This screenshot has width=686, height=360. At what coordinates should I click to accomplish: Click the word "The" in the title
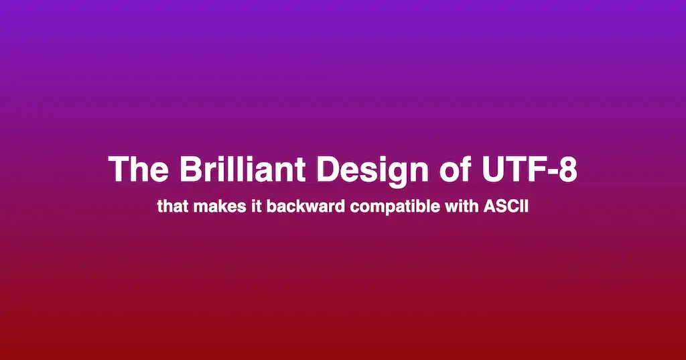tap(139, 169)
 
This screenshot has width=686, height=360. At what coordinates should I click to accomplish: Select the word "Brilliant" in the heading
tap(242, 169)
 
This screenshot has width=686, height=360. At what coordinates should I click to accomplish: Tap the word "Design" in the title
tap(372, 171)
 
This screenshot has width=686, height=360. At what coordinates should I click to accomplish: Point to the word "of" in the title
tap(455, 169)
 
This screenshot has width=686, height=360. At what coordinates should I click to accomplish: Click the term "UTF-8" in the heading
tap(529, 169)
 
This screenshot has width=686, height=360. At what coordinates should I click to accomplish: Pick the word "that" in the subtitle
tap(173, 206)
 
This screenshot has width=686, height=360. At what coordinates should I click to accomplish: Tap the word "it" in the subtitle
tap(256, 206)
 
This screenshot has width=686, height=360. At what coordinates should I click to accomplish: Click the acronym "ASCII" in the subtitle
tap(506, 206)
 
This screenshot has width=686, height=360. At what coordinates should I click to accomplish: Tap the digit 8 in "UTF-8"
tap(568, 169)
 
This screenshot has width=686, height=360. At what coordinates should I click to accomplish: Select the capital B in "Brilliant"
tap(190, 169)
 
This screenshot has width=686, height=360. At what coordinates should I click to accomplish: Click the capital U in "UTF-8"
tap(492, 169)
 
